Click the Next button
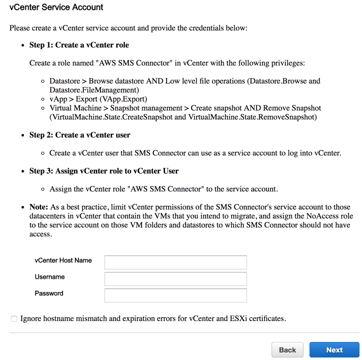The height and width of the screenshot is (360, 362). [334, 350]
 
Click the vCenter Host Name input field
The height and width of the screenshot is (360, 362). [175, 263]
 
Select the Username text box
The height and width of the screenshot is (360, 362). [175, 279]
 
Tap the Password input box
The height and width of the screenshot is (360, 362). [175, 296]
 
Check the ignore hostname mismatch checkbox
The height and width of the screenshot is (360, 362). [14, 319]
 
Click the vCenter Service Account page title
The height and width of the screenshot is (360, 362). [56, 7]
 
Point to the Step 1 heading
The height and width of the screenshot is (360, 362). [79, 45]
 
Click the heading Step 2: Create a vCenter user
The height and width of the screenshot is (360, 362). [80, 135]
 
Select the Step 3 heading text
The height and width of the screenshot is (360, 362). [104, 171]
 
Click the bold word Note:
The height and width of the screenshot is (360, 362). [39, 207]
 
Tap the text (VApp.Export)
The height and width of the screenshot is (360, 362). [126, 99]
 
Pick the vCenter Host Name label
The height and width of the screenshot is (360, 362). [63, 261]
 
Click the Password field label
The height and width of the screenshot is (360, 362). [49, 294]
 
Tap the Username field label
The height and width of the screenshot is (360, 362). [49, 277]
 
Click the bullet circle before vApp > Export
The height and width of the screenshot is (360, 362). [43, 99]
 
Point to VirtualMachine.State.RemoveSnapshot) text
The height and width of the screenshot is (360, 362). [252, 117]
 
